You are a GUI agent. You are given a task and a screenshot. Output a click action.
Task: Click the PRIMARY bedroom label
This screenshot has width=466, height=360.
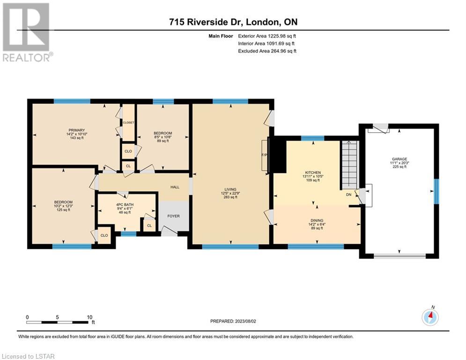click(77, 130)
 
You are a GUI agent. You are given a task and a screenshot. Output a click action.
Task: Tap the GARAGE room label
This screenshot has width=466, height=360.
click(399, 159)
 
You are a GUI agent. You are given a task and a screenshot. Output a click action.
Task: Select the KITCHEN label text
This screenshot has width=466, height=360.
click(313, 172)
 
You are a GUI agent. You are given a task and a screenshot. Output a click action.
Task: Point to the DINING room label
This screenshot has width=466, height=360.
click(317, 220)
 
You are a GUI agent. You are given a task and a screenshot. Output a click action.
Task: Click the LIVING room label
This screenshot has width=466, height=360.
click(230, 189)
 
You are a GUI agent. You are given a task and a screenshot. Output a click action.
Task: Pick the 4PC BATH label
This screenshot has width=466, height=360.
click(125, 205)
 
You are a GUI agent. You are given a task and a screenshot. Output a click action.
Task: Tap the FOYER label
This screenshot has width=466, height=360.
click(174, 216)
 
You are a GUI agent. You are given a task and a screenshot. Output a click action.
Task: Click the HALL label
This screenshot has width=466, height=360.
click(175, 187)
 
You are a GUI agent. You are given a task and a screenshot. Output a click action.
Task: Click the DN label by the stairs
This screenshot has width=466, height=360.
click(348, 195)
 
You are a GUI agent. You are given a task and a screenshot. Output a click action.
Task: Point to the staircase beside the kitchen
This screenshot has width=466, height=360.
click(349, 165)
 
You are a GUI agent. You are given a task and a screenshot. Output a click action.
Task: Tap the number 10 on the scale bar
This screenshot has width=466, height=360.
click(89, 317)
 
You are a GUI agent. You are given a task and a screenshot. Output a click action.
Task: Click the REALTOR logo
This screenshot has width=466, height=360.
click(27, 32)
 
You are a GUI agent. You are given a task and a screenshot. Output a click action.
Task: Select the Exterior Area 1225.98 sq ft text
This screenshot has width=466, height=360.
click(267, 36)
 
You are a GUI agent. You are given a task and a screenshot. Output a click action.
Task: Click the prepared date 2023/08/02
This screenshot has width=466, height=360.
click(245, 321)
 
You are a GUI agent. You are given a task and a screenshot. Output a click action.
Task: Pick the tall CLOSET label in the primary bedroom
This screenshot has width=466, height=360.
click(128, 123)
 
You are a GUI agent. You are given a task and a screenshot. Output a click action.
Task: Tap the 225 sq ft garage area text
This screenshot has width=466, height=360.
click(399, 166)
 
